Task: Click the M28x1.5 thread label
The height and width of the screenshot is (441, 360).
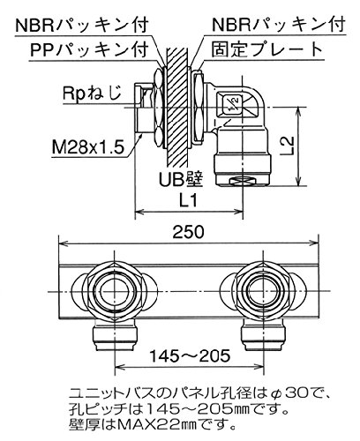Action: [87, 146]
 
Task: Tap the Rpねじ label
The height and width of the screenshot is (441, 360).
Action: [92, 93]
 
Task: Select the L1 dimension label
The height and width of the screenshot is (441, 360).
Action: [189, 201]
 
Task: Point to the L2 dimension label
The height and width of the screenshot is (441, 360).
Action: [289, 146]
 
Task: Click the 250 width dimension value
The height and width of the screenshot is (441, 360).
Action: [188, 232]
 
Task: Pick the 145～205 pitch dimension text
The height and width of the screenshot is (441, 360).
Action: [190, 356]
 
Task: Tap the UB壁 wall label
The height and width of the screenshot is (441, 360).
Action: [181, 179]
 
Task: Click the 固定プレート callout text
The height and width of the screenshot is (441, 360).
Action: [267, 49]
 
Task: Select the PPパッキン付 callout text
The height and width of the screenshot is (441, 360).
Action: [89, 50]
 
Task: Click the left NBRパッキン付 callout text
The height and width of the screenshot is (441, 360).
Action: [81, 25]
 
